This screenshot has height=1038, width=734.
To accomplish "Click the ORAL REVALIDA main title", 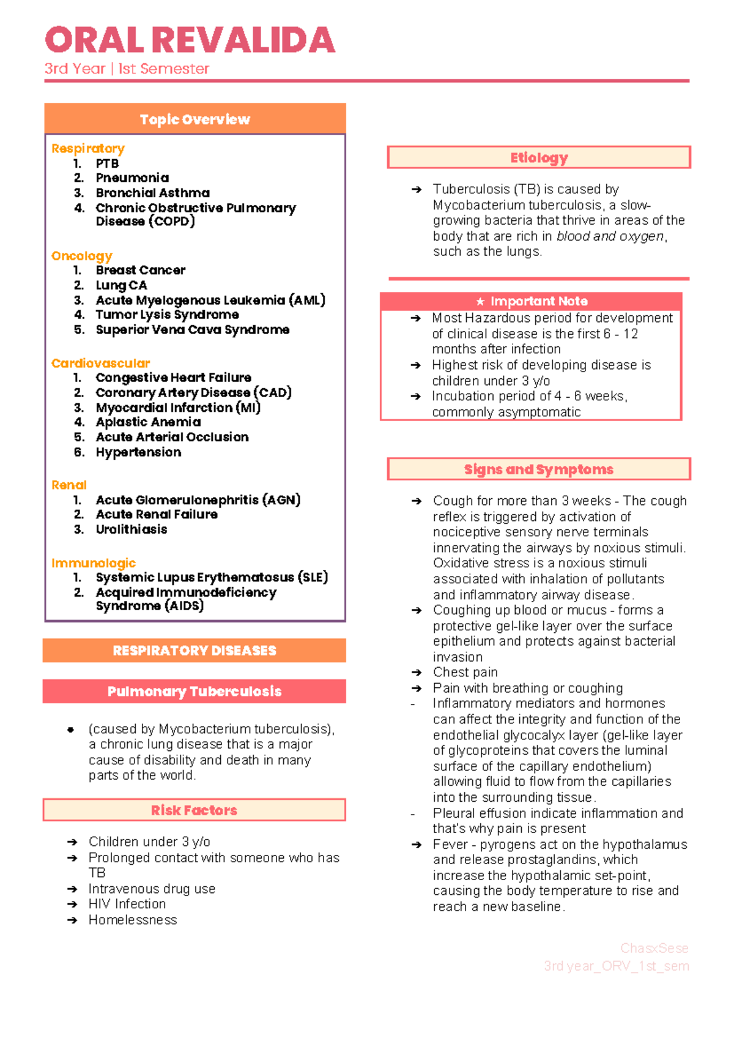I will tap(190, 40).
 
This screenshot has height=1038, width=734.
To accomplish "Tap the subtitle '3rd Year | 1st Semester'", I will tap(127, 69).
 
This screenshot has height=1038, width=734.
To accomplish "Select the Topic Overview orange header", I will tap(195, 119).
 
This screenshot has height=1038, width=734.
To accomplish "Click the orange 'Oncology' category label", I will tap(81, 256).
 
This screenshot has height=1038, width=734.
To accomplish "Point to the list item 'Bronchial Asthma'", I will tap(152, 193).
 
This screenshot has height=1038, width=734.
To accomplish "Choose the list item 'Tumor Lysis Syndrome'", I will tap(167, 315).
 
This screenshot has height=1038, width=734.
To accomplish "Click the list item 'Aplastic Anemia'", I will tap(148, 422).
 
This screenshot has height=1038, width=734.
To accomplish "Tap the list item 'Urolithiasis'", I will tap(131, 529).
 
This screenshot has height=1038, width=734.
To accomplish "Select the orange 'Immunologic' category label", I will tap(93, 563).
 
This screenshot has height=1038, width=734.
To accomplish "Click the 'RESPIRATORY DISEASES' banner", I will tap(195, 651).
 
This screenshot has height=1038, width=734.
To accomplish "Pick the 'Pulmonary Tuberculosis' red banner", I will tap(195, 692).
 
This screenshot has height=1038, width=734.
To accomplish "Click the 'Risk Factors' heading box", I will tap(195, 810).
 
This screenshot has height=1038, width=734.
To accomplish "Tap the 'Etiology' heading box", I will tap(539, 158).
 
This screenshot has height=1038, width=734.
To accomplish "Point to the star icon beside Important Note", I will tap(480, 302).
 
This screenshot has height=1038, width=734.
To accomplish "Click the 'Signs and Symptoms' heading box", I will tap(539, 469).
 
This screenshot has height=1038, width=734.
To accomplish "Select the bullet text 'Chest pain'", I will tap(465, 673).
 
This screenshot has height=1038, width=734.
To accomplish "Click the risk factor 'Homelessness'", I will tap(133, 920).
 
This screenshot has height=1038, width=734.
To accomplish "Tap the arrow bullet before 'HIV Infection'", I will tap(72, 905).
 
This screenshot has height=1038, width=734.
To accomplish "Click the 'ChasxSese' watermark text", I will tap(654, 948).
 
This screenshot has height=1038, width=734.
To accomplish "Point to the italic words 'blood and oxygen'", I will tap(610, 236).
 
